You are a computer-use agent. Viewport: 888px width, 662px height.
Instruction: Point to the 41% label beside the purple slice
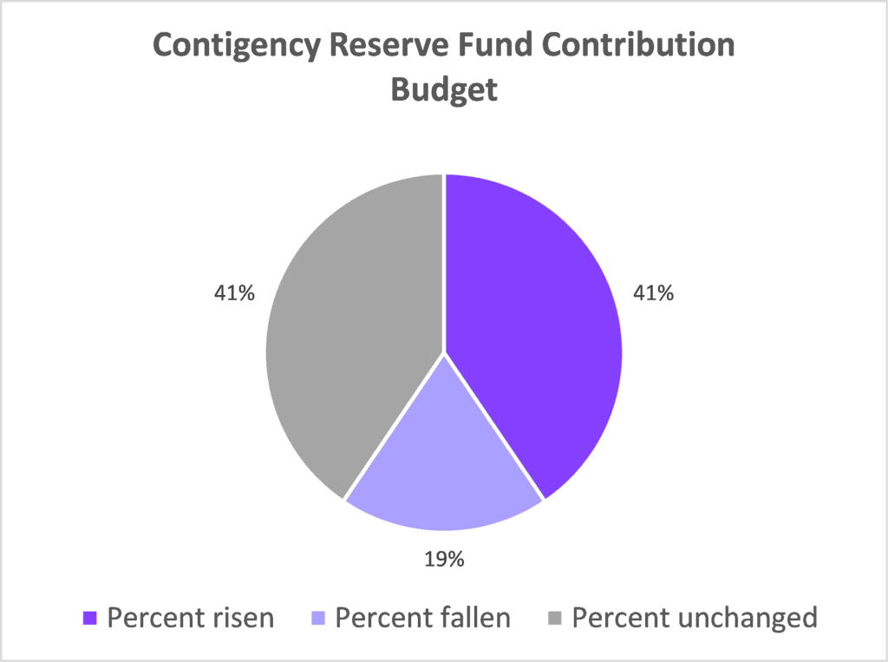click(x=653, y=293)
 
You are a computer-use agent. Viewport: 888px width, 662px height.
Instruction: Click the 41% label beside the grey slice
click(x=235, y=293)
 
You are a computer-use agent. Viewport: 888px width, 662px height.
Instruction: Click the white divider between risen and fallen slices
click(x=494, y=427)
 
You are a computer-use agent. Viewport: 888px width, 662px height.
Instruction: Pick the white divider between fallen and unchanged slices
click(x=395, y=427)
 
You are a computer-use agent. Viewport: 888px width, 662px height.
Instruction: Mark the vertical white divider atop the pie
click(x=444, y=260)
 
